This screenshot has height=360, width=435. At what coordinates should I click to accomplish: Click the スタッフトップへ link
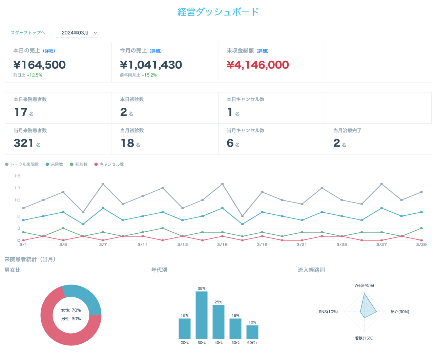coord(28,33)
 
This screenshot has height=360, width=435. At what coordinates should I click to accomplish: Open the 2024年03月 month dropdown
coord(77,33)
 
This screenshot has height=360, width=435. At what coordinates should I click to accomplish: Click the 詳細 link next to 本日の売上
coord(49,51)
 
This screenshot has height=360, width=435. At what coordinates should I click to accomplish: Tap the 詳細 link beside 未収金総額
coord(263,51)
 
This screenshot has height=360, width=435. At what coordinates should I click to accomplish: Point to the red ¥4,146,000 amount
coord(258,65)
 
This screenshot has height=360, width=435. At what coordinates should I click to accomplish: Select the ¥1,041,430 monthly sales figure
coord(151,65)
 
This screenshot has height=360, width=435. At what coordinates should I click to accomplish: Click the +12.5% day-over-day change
coord(34,75)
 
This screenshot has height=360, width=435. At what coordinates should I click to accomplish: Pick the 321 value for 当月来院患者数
coord(23,143)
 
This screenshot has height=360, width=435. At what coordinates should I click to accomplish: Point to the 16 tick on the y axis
coord(17,176)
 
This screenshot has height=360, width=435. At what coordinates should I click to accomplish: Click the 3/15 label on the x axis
coord(222,245)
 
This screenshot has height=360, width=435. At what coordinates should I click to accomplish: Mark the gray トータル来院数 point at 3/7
coord(103,184)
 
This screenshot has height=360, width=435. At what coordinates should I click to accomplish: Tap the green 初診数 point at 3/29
coord(421,228)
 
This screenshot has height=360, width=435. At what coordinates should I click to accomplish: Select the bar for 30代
coord(202,315)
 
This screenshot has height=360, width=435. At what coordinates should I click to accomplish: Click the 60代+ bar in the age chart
coord(252,332)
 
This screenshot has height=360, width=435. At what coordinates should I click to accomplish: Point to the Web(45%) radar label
coord(364,285)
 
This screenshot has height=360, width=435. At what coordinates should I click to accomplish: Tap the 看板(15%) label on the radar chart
coord(364,338)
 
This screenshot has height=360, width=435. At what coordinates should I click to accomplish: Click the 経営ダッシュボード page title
coord(218,12)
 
